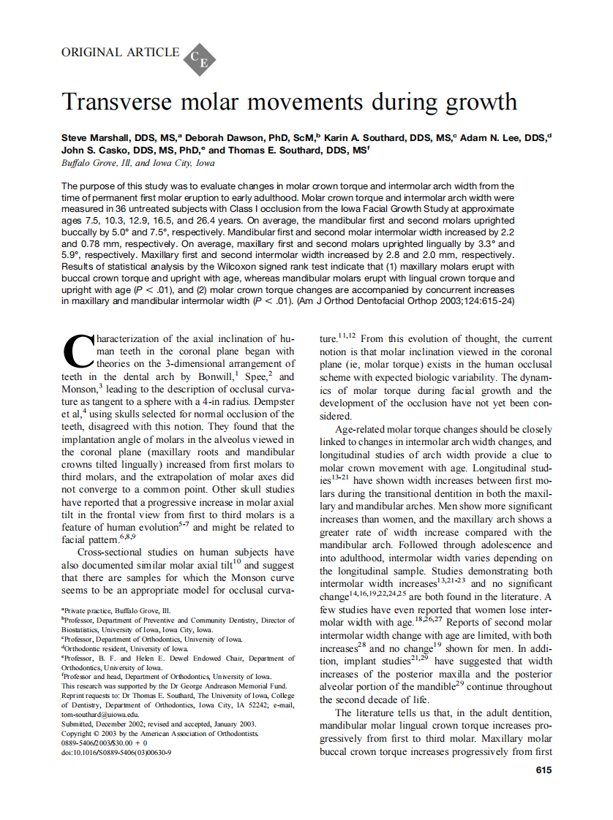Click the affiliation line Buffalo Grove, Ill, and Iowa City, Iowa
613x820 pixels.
pyautogui.click(x=138, y=163)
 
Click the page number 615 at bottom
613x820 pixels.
pyautogui.click(x=544, y=770)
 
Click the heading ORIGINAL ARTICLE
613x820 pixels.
pyautogui.click(x=120, y=52)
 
